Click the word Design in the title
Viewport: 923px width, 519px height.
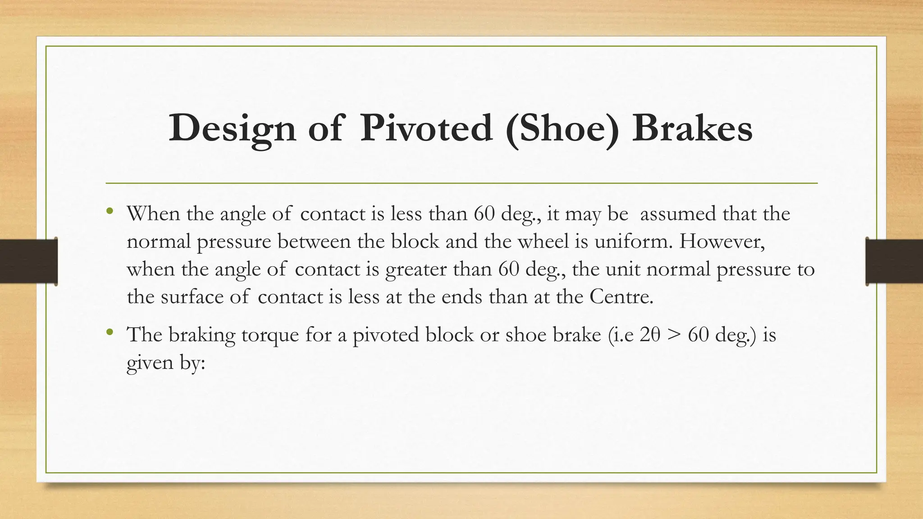pos(232,129)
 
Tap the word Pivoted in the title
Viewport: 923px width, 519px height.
pos(426,128)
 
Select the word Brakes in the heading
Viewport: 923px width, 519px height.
pos(692,128)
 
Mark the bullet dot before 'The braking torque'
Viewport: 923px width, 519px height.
pos(110,332)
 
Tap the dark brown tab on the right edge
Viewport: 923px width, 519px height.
pos(894,261)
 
